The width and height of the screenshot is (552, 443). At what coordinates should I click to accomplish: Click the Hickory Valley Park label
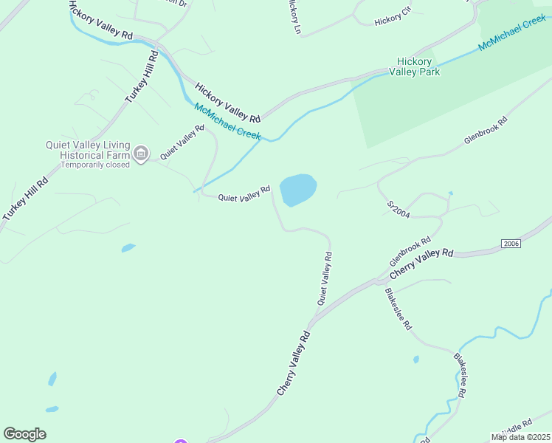pyautogui.click(x=418, y=66)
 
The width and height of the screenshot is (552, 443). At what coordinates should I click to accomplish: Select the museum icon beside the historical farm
pyautogui.click(x=141, y=154)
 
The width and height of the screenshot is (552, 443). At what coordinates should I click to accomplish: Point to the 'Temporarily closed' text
pyautogui.click(x=95, y=164)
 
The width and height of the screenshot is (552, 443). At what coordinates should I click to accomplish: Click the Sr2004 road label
pyautogui.click(x=398, y=208)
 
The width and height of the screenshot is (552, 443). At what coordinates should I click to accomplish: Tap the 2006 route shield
pyautogui.click(x=511, y=244)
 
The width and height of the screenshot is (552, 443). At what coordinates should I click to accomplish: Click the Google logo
pyautogui.click(x=24, y=434)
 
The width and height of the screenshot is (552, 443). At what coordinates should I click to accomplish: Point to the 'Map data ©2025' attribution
pyautogui.click(x=520, y=437)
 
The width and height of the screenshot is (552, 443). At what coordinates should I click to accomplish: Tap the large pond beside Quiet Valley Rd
pyautogui.click(x=298, y=190)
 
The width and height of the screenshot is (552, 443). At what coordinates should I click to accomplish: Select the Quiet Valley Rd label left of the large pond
pyautogui.click(x=244, y=193)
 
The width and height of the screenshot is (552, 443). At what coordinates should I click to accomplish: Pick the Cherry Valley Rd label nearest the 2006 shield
pyautogui.click(x=421, y=263)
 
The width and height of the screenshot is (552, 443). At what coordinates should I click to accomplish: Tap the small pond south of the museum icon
pyautogui.click(x=128, y=248)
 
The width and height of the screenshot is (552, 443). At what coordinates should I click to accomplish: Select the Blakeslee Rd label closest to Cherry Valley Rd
pyautogui.click(x=398, y=309)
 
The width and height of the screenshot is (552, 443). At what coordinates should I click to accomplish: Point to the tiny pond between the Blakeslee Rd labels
pyautogui.click(x=415, y=360)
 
